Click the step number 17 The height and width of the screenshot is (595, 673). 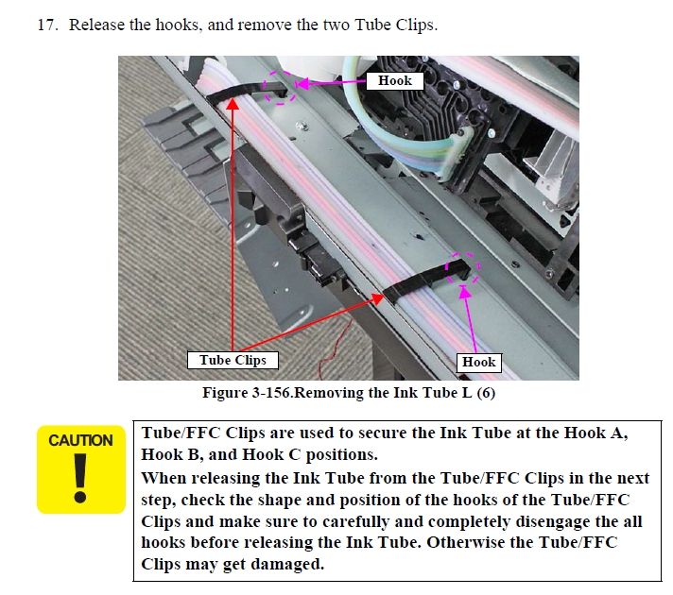[47, 25]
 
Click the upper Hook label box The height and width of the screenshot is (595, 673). [395, 80]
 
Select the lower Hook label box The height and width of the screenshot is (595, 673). [479, 363]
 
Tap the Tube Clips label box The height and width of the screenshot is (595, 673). [233, 361]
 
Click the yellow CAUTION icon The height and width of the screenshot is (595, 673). [81, 469]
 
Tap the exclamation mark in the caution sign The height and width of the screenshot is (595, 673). [80, 478]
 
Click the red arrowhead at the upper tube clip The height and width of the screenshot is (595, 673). [233, 103]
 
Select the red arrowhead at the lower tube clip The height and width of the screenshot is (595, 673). [378, 298]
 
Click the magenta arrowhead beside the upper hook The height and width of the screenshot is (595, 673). [302, 84]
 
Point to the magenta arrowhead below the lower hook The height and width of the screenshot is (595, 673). [465, 292]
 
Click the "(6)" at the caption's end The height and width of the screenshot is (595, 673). [486, 393]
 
